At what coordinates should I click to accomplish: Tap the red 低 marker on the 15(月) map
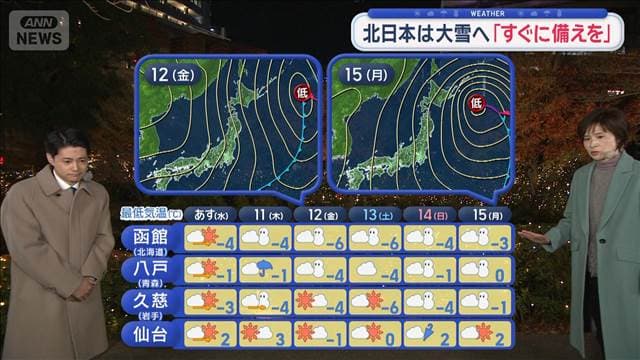pyautogui.click(x=477, y=101)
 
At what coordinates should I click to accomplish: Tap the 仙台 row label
pyautogui.click(x=149, y=333)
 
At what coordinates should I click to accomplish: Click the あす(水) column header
pyautogui.click(x=213, y=213)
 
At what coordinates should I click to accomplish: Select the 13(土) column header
pyautogui.click(x=376, y=213)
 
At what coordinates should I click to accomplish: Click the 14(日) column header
pyautogui.click(x=431, y=213)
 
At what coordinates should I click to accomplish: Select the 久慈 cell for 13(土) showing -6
pyautogui.click(x=376, y=301)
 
